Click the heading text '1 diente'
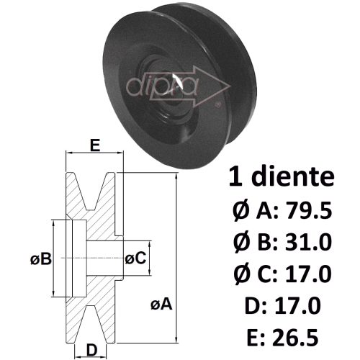pyautogui.click(x=282, y=177)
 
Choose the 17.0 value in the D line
pyautogui.click(x=297, y=305)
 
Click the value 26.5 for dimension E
pyautogui.click(x=295, y=338)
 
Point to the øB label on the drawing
pyautogui.click(x=41, y=259)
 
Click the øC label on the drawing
pyautogui.click(x=135, y=258)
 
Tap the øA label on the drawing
pyautogui.click(x=161, y=305)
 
